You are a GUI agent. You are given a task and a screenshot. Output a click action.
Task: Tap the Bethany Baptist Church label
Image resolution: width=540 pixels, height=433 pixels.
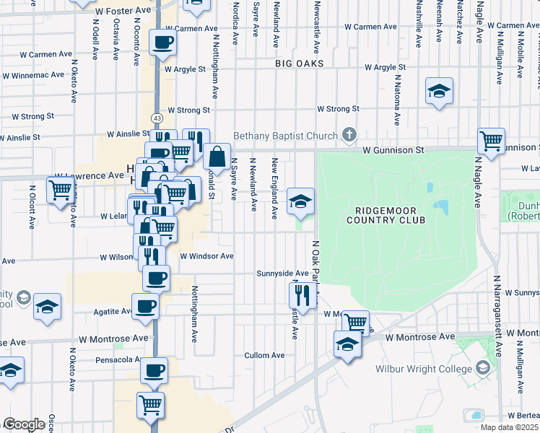[x=285, y=136]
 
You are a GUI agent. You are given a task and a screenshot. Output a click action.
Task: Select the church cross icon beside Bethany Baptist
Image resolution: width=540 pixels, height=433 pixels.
[x=349, y=135]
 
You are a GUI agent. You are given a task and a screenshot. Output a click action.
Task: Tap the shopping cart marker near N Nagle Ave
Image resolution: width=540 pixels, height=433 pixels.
[x=491, y=141]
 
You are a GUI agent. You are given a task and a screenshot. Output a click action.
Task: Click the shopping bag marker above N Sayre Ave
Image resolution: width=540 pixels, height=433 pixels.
[x=217, y=155]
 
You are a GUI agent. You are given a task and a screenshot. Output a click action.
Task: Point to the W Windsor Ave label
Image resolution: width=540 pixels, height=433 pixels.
[x=206, y=256]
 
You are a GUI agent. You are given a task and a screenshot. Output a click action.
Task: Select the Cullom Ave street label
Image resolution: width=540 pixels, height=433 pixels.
[x=264, y=355]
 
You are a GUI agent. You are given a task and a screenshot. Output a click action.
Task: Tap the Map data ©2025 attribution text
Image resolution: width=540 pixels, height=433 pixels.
[x=508, y=427]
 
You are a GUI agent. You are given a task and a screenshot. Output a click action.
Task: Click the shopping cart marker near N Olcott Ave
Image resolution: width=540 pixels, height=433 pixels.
[x=61, y=191]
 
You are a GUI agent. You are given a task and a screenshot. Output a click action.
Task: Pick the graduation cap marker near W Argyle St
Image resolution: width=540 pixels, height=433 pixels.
[x=438, y=91]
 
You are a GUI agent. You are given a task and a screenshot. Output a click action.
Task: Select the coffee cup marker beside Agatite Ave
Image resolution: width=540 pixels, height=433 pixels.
[x=145, y=306]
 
